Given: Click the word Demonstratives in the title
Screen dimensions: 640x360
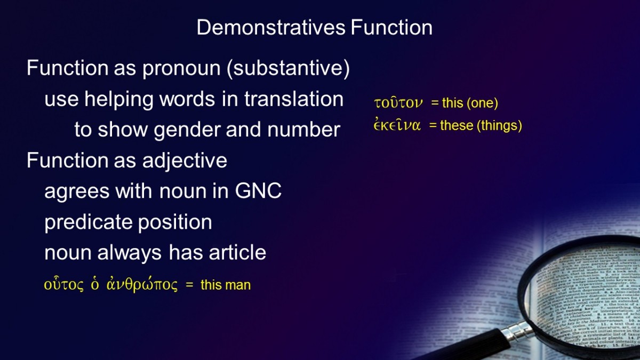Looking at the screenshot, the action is (x=271, y=27).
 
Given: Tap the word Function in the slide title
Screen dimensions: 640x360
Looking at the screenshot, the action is (x=391, y=27).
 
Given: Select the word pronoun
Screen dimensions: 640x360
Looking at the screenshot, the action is (x=181, y=69).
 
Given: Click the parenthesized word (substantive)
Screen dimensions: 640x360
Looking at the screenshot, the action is (x=289, y=68).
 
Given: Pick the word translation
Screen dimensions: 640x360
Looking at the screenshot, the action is (x=294, y=99).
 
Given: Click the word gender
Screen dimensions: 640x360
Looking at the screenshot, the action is (x=187, y=130).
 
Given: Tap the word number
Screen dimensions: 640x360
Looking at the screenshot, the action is (x=303, y=130).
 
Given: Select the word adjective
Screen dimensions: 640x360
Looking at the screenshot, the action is (x=185, y=161).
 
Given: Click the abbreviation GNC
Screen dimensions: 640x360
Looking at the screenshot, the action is (x=258, y=191).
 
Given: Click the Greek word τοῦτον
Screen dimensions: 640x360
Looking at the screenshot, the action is (x=398, y=103).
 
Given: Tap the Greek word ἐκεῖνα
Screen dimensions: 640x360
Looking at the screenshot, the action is (x=397, y=125).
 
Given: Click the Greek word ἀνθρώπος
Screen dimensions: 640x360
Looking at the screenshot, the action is (x=142, y=285).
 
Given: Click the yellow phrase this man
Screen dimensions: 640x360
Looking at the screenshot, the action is (x=226, y=285).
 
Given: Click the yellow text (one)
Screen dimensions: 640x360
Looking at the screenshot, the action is (x=482, y=103).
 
